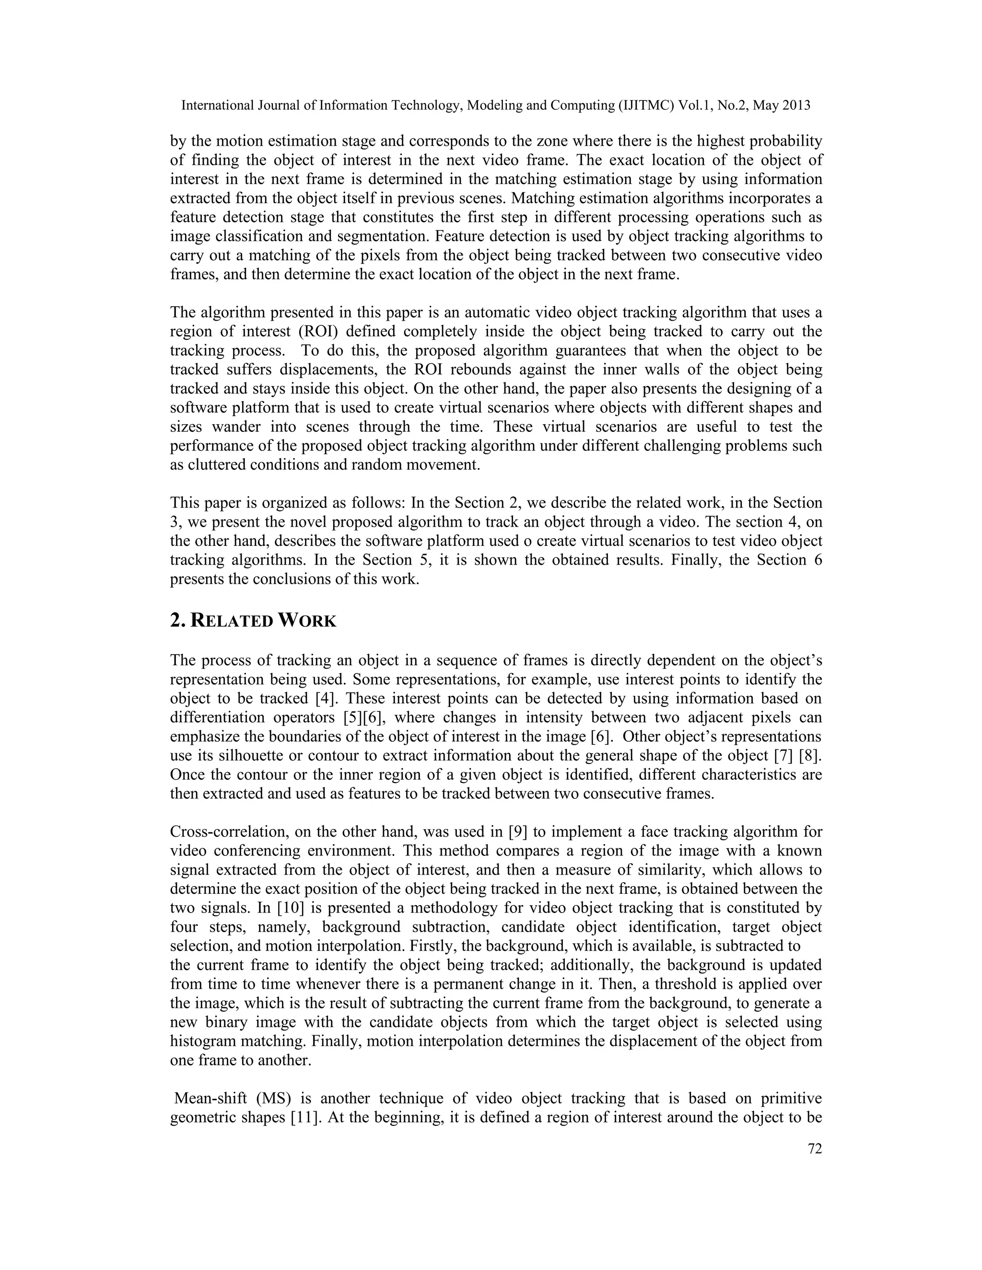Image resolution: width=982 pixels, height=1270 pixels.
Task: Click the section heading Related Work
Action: [x=253, y=621]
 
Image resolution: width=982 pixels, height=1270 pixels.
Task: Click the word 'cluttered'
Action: [x=217, y=465]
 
